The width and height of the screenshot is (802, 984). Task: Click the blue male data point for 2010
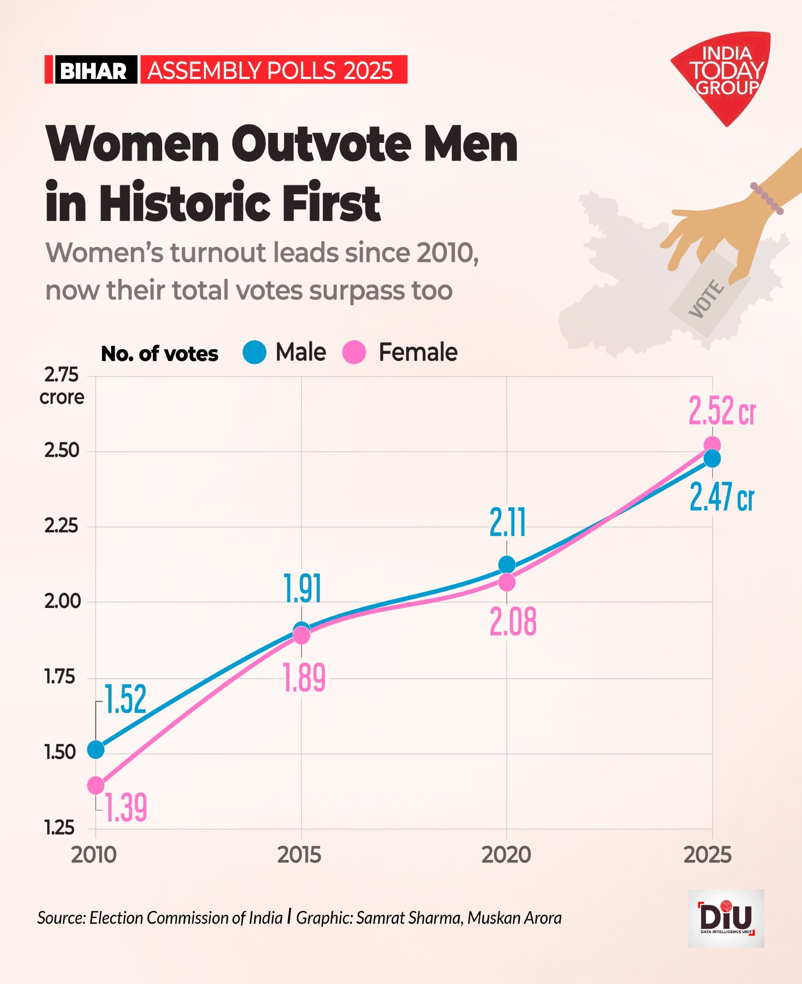click(96, 749)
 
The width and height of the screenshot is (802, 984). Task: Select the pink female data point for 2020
click(507, 582)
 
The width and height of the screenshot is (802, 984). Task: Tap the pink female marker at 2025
click(712, 445)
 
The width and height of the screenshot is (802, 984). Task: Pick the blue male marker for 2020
click(507, 565)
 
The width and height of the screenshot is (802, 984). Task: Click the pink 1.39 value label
click(126, 807)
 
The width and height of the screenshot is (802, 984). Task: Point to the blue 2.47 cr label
click(722, 497)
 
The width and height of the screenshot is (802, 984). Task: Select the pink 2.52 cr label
click(722, 410)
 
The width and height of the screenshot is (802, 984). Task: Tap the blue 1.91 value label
click(302, 588)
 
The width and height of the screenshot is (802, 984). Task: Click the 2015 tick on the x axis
click(299, 855)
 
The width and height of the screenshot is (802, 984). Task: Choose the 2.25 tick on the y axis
click(62, 526)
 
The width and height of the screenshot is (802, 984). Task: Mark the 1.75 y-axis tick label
click(60, 677)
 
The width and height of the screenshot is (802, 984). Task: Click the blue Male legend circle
click(254, 352)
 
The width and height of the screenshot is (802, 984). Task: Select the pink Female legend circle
click(354, 352)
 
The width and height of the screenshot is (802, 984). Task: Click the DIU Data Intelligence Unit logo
click(726, 918)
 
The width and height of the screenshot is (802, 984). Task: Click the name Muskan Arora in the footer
click(514, 918)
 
